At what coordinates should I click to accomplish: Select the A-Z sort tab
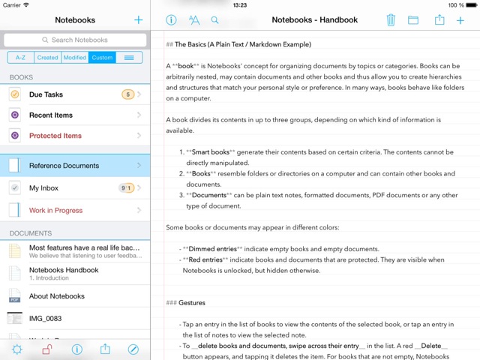(21, 57)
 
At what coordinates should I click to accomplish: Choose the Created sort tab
(47, 57)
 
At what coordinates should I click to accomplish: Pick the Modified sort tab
(74, 57)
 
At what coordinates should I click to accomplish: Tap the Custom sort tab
(101, 57)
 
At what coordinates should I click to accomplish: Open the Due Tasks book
(46, 94)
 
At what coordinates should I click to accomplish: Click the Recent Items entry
(51, 115)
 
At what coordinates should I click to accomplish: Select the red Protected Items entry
(55, 136)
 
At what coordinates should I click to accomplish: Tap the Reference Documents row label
(64, 166)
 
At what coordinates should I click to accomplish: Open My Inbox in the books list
(43, 188)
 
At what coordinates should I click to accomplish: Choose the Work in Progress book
(55, 211)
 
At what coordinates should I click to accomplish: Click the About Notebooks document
(57, 296)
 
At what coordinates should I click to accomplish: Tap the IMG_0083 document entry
(45, 319)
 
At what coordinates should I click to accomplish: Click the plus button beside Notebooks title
(138, 20)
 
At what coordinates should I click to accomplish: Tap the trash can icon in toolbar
(391, 20)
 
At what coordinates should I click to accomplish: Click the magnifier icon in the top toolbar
(215, 20)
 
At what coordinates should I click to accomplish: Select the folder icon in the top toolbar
(413, 20)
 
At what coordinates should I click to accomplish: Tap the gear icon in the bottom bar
(17, 349)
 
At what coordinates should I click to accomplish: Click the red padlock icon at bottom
(46, 349)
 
